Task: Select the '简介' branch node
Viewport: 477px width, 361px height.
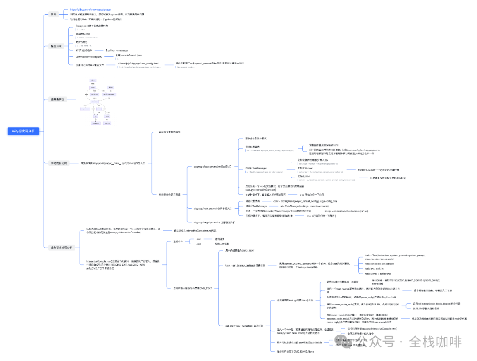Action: pyautogui.click(x=53, y=15)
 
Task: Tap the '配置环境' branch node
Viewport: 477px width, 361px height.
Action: pyautogui.click(x=56, y=46)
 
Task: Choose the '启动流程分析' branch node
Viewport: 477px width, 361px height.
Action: pyautogui.click(x=58, y=163)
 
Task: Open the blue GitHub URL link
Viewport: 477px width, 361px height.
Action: pyautogui.click(x=91, y=9)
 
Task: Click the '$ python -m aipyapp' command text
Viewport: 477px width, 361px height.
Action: pyautogui.click(x=117, y=50)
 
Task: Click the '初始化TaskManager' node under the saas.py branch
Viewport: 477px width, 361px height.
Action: pyautogui.click(x=256, y=168)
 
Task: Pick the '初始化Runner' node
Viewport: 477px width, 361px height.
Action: pyautogui.click(x=306, y=168)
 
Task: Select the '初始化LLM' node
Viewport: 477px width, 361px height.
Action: pyautogui.click(x=305, y=176)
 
